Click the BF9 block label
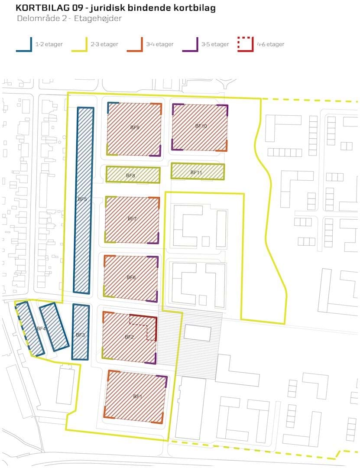point(135,127)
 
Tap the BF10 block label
point(201,126)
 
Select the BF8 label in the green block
point(130,175)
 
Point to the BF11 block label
point(196,172)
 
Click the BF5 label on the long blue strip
point(82,199)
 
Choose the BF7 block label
point(132,218)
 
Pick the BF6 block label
point(131,277)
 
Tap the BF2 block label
point(129,337)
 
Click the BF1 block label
point(138,396)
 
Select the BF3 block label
point(80,335)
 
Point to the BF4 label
point(41,328)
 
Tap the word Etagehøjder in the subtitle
point(98,19)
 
